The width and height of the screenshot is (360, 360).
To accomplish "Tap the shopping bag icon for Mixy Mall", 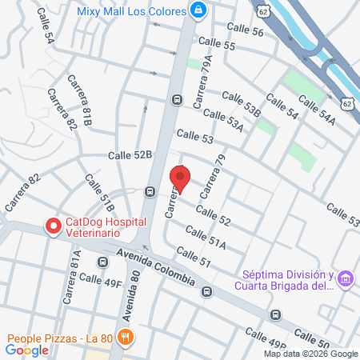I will click(x=198, y=11).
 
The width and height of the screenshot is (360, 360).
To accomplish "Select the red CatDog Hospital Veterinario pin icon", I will click(x=54, y=226).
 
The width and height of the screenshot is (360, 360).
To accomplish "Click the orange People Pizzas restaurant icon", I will click(x=125, y=337).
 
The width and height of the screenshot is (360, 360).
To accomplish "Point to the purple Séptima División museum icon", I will click(x=346, y=278).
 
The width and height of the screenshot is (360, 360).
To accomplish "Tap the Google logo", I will click(x=26, y=350).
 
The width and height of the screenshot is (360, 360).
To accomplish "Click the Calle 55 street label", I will click(x=218, y=46).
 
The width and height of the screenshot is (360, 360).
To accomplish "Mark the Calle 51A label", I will click(x=206, y=237).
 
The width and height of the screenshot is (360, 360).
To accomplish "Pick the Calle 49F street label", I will click(x=101, y=281).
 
